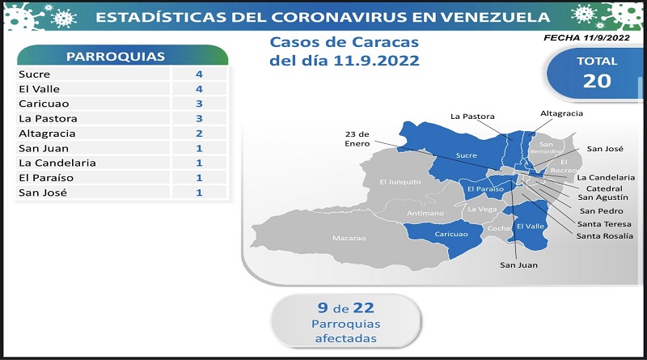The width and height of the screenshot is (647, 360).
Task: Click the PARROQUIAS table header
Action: click(116, 57)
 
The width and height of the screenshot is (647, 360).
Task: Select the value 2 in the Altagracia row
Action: click(199, 133)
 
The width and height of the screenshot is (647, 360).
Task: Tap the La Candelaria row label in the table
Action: click(57, 163)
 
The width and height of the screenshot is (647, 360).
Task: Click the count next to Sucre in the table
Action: click(199, 74)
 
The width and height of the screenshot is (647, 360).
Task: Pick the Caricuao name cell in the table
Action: click(44, 104)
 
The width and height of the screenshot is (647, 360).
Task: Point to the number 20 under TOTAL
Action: click(597, 81)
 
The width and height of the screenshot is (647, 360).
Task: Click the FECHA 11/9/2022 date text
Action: click(587, 37)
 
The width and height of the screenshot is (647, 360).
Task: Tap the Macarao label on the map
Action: click(349, 238)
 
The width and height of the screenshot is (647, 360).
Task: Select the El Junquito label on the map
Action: click(400, 182)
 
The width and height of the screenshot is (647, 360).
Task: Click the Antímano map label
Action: click(425, 213)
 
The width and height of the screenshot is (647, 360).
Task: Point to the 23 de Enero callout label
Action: click(357, 138)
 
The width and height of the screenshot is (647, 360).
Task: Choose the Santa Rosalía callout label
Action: click(604, 236)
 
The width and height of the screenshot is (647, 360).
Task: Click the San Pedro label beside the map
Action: click(601, 211)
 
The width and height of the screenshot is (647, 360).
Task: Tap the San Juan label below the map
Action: click(518, 265)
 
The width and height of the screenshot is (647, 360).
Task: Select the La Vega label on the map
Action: click(482, 210)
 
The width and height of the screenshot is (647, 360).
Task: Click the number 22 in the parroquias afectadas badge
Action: click(363, 308)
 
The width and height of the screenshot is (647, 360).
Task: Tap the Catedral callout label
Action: click(604, 188)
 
